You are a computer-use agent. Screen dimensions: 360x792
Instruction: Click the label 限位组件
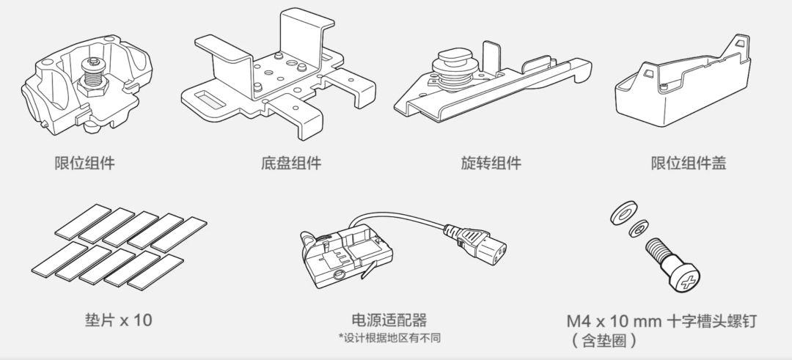(x=85, y=162)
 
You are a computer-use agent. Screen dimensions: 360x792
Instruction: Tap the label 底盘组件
(x=290, y=162)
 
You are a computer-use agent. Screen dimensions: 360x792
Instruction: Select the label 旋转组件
(x=491, y=162)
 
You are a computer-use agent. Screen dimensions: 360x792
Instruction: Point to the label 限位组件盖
(x=689, y=162)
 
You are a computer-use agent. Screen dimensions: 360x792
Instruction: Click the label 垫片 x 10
(x=119, y=320)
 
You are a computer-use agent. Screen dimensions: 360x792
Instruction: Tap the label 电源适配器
(x=389, y=320)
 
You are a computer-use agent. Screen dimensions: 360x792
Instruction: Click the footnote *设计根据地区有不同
(x=389, y=337)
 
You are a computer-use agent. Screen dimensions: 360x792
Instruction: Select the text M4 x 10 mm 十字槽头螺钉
(x=661, y=320)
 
